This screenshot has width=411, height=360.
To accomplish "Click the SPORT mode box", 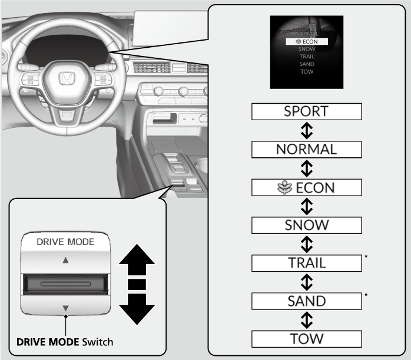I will point(306,111).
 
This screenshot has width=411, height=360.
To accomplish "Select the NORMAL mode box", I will point(306,148).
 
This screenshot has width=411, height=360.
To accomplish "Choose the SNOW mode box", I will point(306,224).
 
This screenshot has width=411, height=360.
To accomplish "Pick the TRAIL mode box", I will point(306,262).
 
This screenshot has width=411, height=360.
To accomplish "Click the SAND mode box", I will point(306,300).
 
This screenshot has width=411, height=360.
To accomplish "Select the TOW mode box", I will point(306,338).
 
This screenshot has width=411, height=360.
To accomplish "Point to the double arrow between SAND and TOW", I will point(306,319).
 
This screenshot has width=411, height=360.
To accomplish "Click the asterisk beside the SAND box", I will point(366,295).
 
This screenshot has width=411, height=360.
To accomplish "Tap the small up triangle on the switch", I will point(66,259).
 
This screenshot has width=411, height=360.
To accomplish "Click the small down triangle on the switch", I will point(66,308).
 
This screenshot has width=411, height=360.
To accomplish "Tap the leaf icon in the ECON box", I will point(281,187).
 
